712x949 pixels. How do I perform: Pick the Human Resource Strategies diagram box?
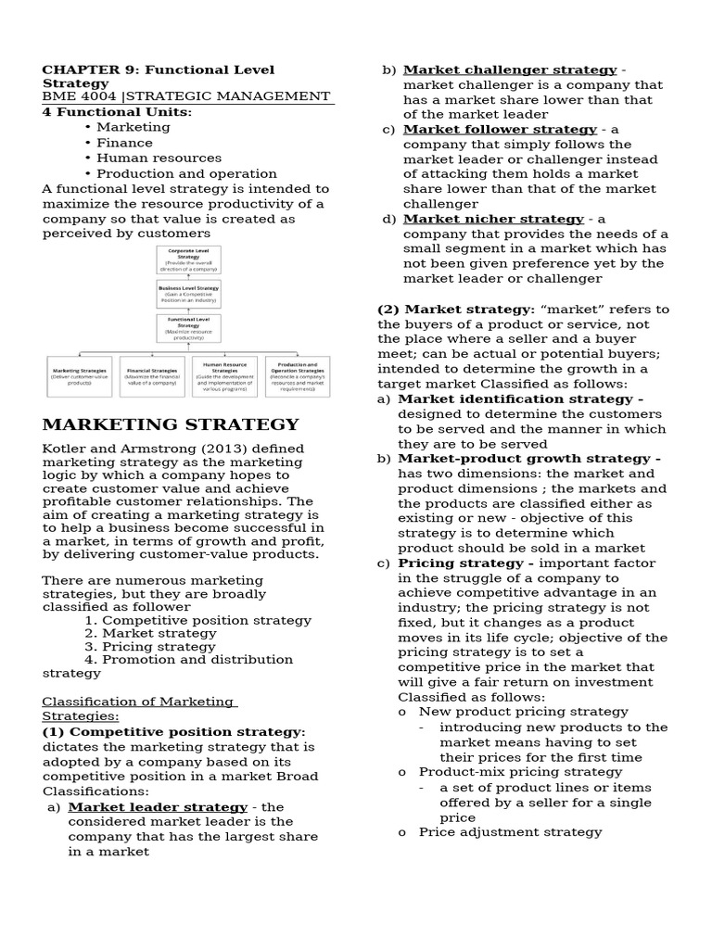point(225,376)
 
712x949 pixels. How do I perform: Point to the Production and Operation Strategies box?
point(298,376)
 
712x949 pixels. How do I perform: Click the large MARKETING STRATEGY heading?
point(171,425)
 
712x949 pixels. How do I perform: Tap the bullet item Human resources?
point(159,158)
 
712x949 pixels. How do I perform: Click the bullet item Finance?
point(124,143)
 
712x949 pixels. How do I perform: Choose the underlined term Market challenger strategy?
point(510,70)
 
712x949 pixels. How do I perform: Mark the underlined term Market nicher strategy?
point(493,220)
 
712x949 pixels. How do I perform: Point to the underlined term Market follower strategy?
point(500,130)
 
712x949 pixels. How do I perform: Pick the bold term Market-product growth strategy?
point(525,459)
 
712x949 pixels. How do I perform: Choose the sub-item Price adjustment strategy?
point(510,832)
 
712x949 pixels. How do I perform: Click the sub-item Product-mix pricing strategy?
point(520,772)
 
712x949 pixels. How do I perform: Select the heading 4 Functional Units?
point(117,112)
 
